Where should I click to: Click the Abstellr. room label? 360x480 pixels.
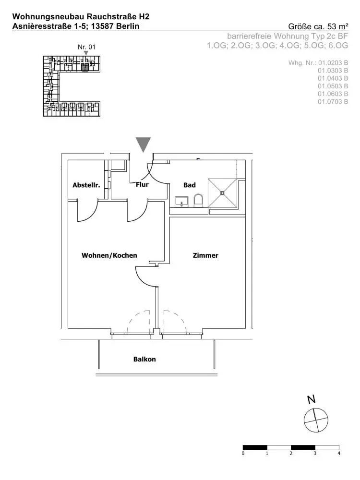[86, 185]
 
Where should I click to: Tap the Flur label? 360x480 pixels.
[143, 184]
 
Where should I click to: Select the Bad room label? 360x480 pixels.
[190, 185]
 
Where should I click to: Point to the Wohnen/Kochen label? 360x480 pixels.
[109, 255]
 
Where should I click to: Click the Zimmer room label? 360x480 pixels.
[205, 255]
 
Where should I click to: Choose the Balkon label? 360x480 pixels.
[144, 359]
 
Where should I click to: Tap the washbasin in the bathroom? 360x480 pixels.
[181, 201]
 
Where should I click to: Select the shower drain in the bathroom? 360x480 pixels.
[223, 193]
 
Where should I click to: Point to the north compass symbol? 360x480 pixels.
[315, 420]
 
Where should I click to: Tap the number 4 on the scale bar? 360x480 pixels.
[339, 453]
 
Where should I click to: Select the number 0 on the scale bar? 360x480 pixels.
[244, 453]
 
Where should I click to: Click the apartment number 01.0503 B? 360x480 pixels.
[333, 86]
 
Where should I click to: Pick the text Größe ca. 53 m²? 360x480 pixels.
[318, 26]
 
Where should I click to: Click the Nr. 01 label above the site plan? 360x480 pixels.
[86, 47]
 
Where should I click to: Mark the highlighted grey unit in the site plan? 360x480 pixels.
[85, 68]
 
